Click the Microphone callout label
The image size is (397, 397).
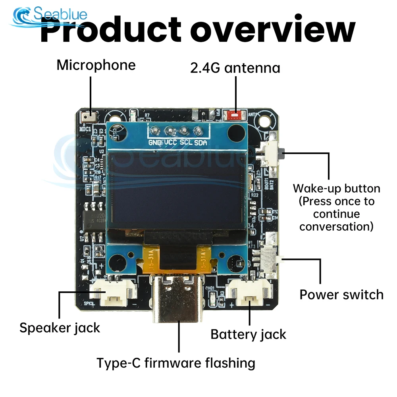[x=96, y=65]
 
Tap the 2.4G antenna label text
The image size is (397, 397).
[x=235, y=68]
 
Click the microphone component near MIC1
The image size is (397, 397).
[x=87, y=117]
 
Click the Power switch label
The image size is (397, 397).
[x=341, y=295]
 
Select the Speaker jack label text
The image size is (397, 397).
[x=60, y=328]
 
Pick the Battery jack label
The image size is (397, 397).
[x=248, y=334]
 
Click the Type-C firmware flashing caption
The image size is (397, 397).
[x=176, y=362]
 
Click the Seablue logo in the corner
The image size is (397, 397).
[x=50, y=16]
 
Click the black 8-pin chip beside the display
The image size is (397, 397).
[x=93, y=218]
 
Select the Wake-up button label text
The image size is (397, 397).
[x=336, y=207]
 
